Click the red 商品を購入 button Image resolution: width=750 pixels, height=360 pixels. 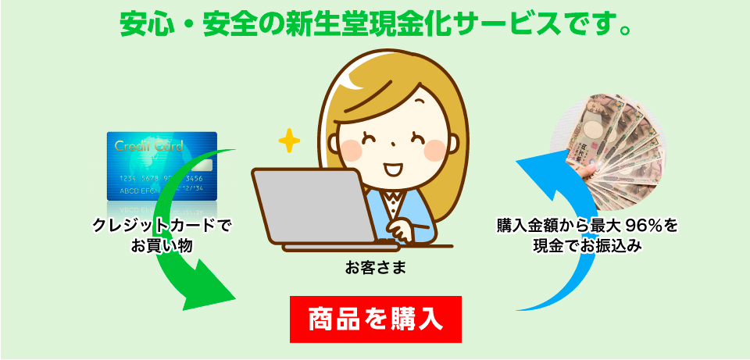(x=376, y=319)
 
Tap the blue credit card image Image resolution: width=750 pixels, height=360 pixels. (x=162, y=166)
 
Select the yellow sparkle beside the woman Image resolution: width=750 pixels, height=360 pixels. (x=289, y=141)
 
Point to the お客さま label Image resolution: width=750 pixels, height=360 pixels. (x=376, y=268)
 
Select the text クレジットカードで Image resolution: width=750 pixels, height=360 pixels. (x=162, y=226)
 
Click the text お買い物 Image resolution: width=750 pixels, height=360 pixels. (x=162, y=245)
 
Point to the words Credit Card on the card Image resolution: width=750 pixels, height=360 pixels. (x=148, y=146)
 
